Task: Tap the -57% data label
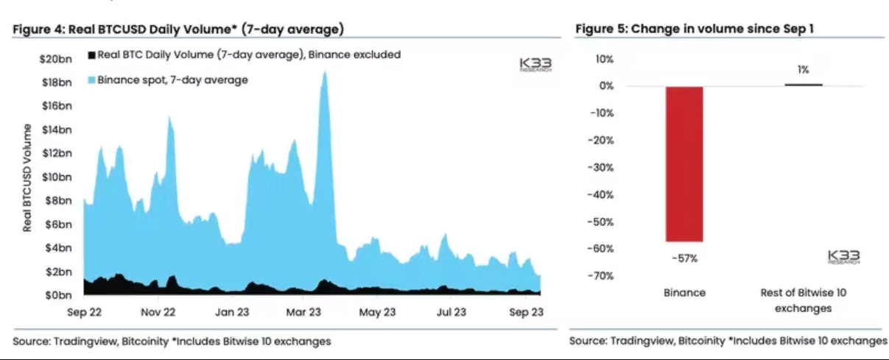pyautogui.click(x=684, y=258)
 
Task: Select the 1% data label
pyautogui.click(x=803, y=70)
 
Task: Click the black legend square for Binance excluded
pyautogui.click(x=91, y=55)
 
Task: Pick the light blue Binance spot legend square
pyautogui.click(x=91, y=80)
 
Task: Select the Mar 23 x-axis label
pyautogui.click(x=304, y=312)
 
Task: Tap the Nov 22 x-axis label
pyautogui.click(x=160, y=312)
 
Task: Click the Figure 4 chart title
pyautogui.click(x=179, y=29)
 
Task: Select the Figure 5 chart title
pyautogui.click(x=694, y=29)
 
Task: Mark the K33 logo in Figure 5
pyautogui.click(x=843, y=257)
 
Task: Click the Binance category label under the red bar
pyautogui.click(x=684, y=293)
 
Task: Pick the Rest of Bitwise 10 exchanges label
pyautogui.click(x=803, y=300)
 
